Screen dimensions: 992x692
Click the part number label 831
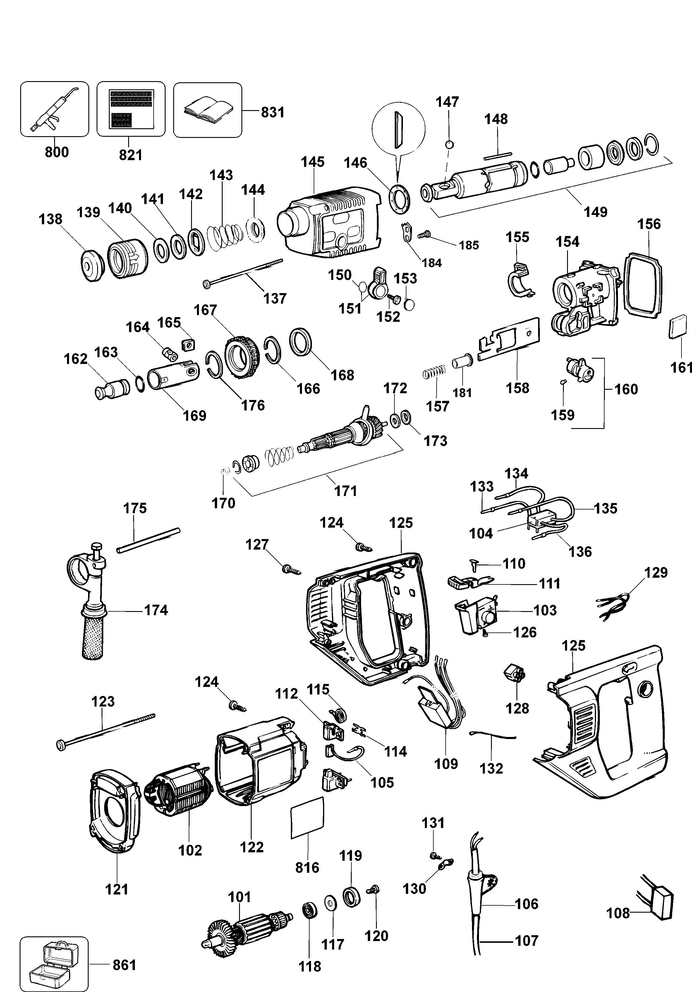[x=272, y=112]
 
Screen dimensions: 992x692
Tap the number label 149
[x=595, y=212]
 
